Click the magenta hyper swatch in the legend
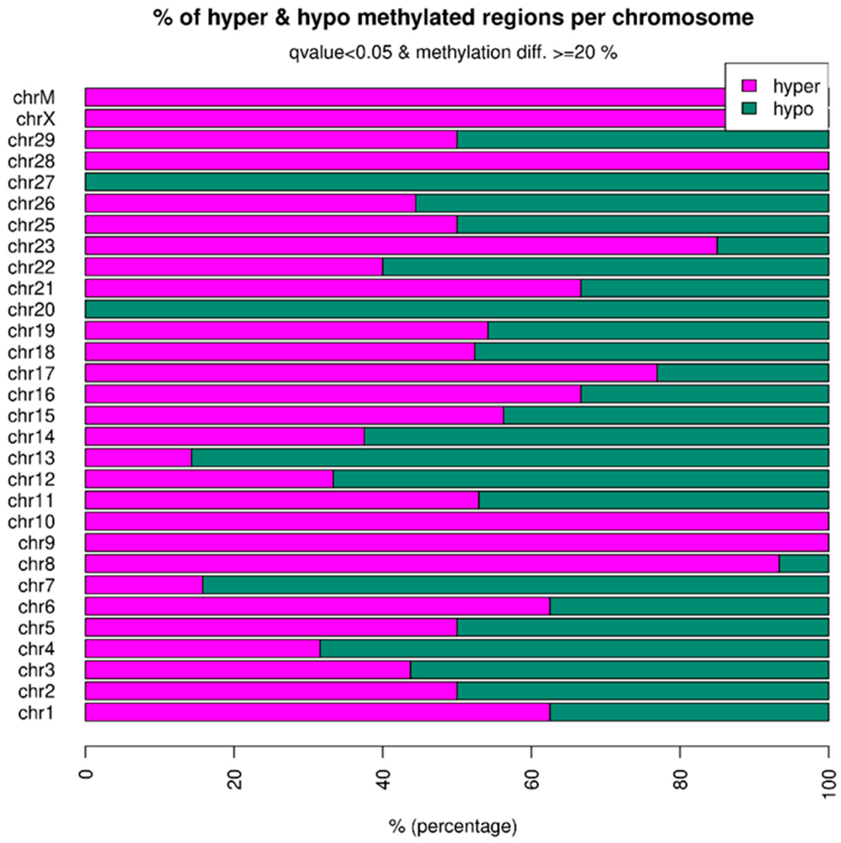749,86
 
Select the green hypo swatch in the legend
749,109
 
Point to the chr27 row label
31,182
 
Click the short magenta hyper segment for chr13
138,458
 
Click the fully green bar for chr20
456,309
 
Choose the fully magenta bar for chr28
456,161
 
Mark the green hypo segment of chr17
742,373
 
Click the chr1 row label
36,713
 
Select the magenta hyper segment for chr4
202,649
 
